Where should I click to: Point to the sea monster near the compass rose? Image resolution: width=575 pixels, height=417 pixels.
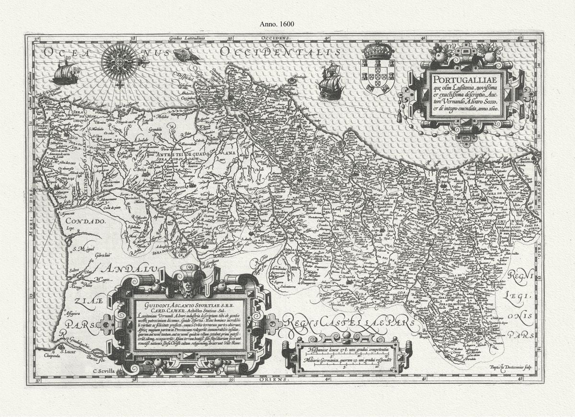pyautogui.click(x=187, y=56)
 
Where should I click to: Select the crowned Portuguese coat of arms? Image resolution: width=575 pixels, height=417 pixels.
pyautogui.click(x=378, y=69)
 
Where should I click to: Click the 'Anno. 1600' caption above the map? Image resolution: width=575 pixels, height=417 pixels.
pyautogui.click(x=276, y=23)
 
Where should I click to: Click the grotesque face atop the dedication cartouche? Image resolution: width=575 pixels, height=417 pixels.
pyautogui.click(x=191, y=286)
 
